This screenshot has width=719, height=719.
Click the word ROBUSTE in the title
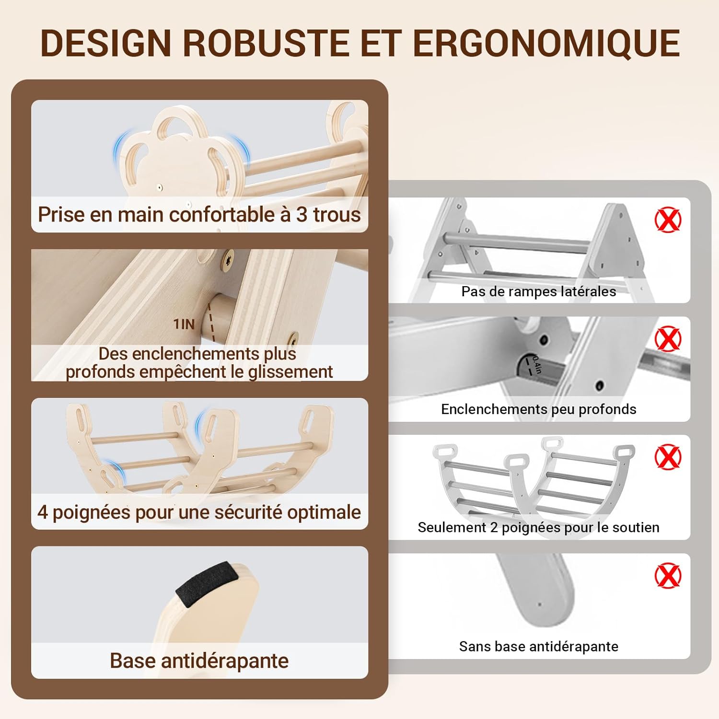(267, 43)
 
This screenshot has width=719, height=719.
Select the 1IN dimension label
(184, 325)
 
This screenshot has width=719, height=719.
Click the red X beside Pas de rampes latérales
(668, 220)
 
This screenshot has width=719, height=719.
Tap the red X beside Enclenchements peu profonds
(668, 338)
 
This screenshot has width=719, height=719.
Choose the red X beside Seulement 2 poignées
(668, 456)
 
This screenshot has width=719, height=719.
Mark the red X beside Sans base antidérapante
(668, 575)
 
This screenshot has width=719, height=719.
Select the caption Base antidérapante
(199, 661)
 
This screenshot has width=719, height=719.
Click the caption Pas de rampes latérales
(539, 291)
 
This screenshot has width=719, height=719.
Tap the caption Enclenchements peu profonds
(539, 409)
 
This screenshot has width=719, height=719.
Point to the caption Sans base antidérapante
(539, 647)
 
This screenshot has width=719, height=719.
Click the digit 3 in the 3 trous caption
(302, 215)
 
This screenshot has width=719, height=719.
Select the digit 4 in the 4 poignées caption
(43, 512)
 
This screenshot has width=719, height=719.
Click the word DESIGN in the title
(106, 43)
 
